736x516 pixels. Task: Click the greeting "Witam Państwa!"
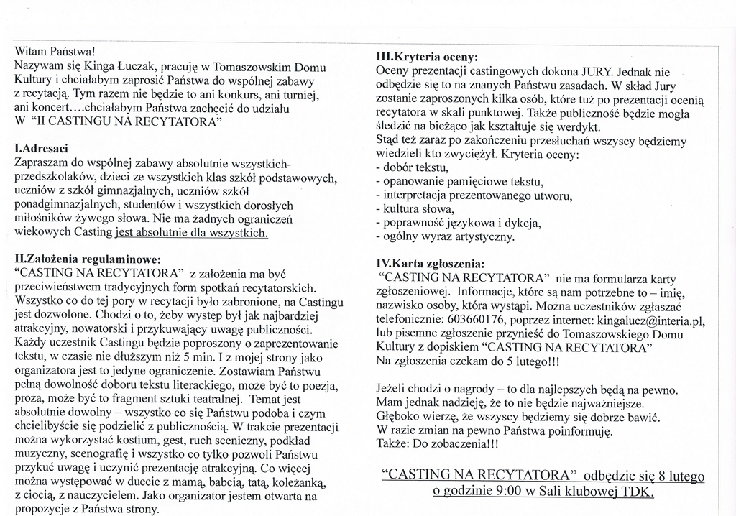54,52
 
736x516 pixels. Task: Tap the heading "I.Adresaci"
41,149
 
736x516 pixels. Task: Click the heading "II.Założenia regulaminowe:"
88,259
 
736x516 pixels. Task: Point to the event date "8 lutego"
681,476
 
